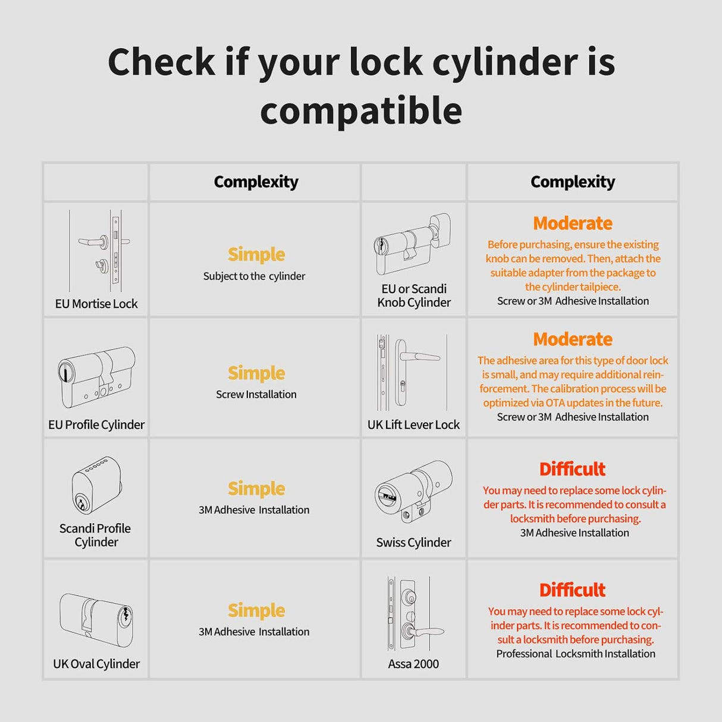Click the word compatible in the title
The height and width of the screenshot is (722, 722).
point(361,111)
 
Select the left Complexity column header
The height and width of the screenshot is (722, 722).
point(256,182)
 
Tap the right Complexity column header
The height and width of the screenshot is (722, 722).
point(572,182)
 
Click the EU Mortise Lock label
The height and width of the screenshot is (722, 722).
point(96,304)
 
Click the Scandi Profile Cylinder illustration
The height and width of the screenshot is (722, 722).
point(96,485)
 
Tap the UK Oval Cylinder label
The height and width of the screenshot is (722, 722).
point(96,664)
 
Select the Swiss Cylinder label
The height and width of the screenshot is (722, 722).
point(413,542)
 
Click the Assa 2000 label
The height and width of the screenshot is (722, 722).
point(413,664)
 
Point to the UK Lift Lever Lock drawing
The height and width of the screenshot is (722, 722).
point(410,372)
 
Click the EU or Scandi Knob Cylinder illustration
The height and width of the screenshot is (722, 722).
point(412,244)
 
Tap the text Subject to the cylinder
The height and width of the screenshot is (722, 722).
point(254,277)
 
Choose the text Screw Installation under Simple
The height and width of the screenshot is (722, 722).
point(256,394)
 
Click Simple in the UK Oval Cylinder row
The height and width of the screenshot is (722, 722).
point(256,610)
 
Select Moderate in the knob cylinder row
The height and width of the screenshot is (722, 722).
point(572,224)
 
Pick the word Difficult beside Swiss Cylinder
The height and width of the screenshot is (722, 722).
point(572,469)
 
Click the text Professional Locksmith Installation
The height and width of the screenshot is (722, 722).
point(575,654)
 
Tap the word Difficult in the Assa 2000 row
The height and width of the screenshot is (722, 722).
point(572,590)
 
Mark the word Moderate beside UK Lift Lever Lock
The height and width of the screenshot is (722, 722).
point(572,339)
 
